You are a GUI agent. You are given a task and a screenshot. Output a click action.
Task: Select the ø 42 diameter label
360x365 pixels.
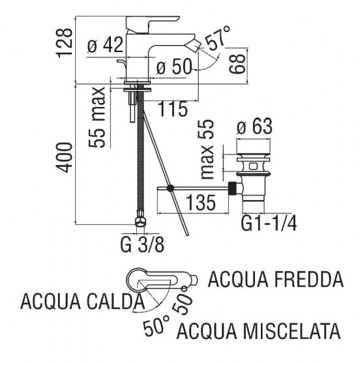coord(105,46)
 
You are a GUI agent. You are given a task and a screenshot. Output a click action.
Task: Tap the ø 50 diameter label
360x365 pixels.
coord(173,66)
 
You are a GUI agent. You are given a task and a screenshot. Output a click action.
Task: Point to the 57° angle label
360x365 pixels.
coord(217,38)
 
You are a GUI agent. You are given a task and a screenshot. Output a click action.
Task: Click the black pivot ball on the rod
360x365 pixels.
coord(170,188)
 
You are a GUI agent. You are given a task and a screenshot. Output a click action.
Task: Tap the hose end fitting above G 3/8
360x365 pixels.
coord(139,223)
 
